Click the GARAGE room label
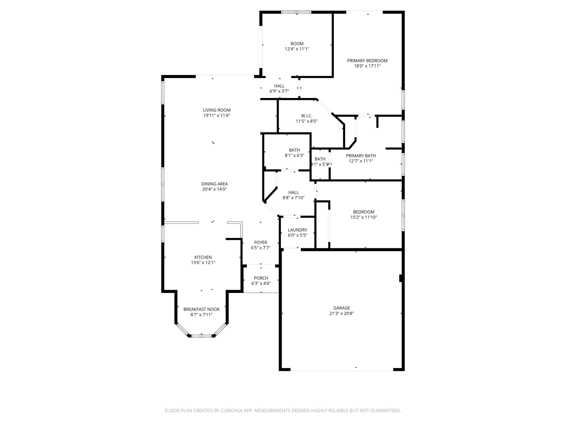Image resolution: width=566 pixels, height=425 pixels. (x=341, y=308)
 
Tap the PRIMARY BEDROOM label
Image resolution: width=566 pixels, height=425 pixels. (x=367, y=61)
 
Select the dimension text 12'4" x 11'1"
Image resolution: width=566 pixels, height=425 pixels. (x=297, y=49)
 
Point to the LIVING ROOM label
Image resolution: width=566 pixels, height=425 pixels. (x=217, y=110)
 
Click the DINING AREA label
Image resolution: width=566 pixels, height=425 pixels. (x=214, y=184)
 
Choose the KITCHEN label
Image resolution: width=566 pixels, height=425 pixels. (x=203, y=257)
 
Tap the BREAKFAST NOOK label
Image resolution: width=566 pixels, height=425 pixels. (x=201, y=309)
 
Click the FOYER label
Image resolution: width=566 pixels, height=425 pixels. (x=260, y=242)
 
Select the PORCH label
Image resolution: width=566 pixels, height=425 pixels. (x=261, y=278)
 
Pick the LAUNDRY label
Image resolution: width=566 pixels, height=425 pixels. (x=297, y=230)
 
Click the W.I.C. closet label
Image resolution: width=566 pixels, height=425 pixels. (x=307, y=116)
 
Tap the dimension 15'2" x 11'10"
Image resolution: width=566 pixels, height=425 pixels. (x=364, y=217)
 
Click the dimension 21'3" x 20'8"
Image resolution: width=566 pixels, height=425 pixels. (x=341, y=313)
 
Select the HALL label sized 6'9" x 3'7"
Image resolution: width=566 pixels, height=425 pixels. (x=279, y=86)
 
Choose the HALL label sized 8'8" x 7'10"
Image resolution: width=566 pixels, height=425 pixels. (x=293, y=192)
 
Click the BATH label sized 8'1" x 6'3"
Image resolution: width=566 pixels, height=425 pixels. (x=294, y=150)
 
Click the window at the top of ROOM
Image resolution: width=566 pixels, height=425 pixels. (x=296, y=12)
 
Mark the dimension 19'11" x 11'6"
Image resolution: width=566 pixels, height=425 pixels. (x=217, y=115)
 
